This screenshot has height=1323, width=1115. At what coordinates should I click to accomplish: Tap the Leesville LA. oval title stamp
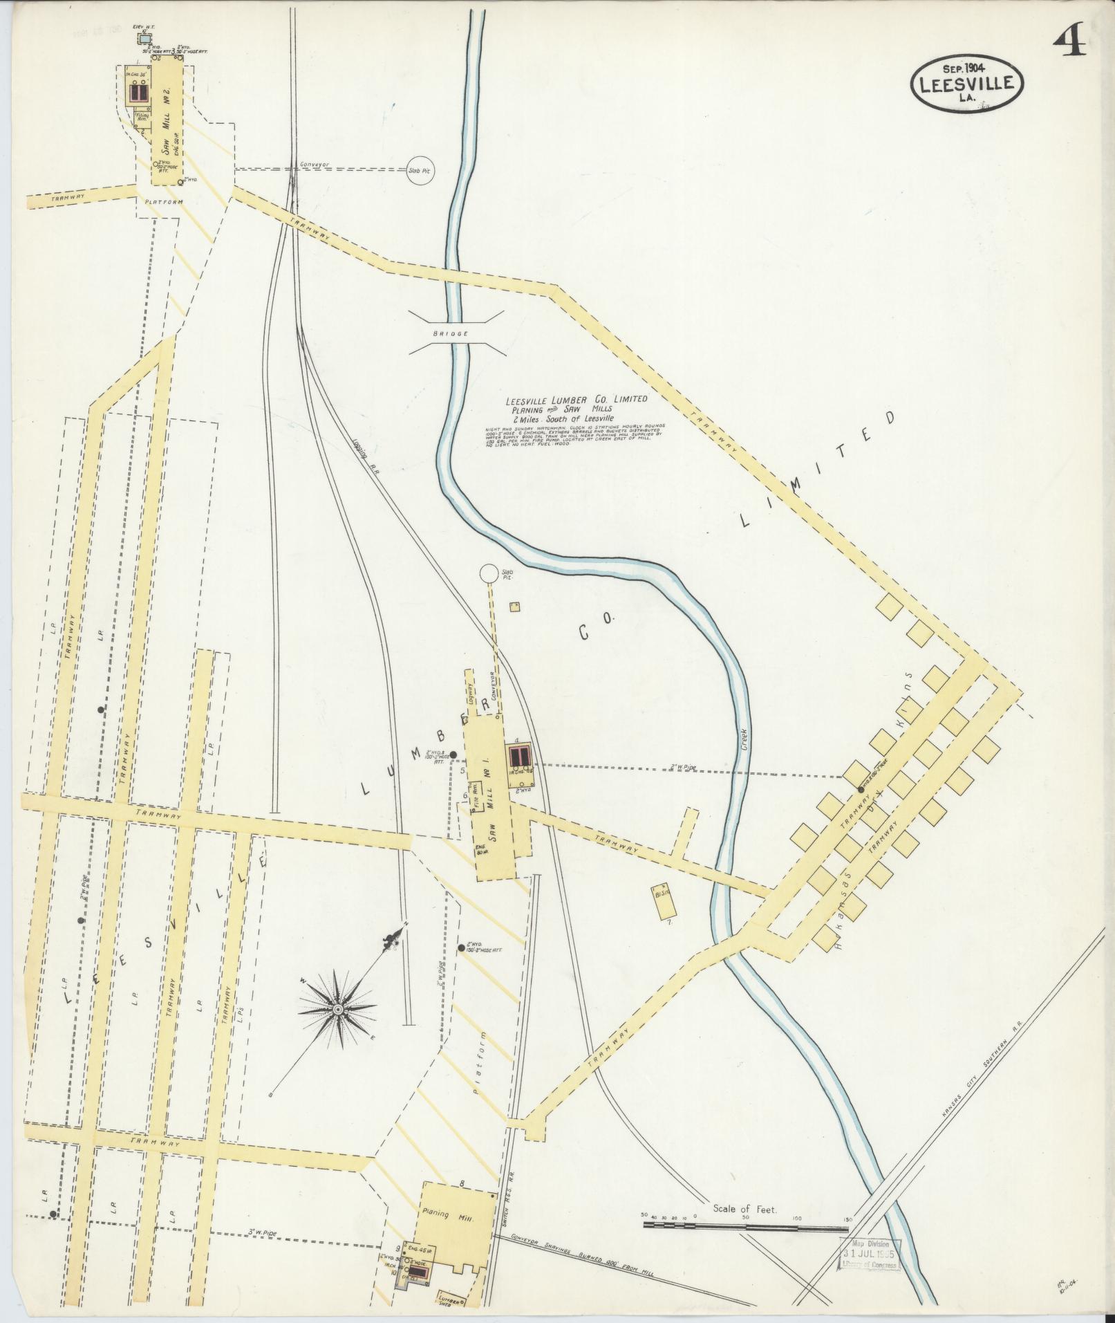click(966, 83)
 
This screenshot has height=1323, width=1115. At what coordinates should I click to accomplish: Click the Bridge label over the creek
click(451, 333)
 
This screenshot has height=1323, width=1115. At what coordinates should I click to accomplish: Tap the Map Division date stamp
click(872, 770)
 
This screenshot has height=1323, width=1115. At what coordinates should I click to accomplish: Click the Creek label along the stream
click(745, 739)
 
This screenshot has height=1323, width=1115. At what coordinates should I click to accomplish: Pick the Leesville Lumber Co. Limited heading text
click(577, 399)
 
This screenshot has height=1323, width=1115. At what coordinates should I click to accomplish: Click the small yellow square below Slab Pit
click(514, 607)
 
